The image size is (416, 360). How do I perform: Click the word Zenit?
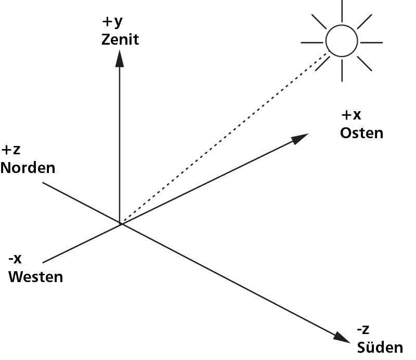[x=120, y=39]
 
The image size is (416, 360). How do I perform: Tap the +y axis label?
[x=112, y=22]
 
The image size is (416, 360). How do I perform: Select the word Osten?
[x=361, y=133]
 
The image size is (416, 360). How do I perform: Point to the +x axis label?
[x=351, y=115]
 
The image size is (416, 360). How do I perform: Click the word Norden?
[x=28, y=168]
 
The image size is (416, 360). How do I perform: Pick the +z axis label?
[x=11, y=150]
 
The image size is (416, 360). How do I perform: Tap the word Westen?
[x=35, y=277]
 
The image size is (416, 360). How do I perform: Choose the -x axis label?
[x=15, y=259]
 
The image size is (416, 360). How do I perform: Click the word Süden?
[x=380, y=348]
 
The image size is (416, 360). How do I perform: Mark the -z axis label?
[x=363, y=329]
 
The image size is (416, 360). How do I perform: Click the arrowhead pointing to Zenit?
[x=120, y=59]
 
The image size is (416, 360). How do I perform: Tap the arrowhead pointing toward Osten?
[x=300, y=139]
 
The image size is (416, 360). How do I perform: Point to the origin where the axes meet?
[x=120, y=224]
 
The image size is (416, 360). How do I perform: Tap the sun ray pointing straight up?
[x=342, y=11]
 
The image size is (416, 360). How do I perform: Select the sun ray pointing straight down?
[x=342, y=71]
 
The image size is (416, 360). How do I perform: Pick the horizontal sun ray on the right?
[x=371, y=43]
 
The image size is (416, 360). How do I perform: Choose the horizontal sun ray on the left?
[x=312, y=43]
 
